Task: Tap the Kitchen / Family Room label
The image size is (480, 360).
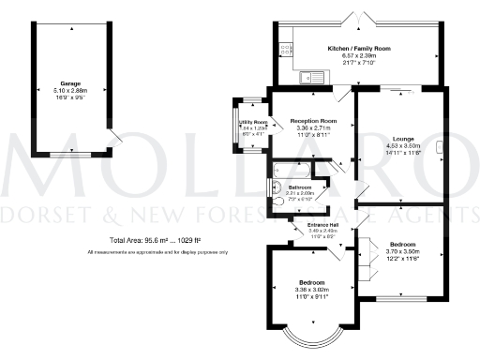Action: point(358,48)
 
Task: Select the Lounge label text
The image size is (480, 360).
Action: point(404,139)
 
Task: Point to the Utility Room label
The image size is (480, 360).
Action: point(253,123)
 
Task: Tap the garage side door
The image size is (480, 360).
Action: point(114,141)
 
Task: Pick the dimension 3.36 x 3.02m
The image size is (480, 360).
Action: point(312,290)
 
